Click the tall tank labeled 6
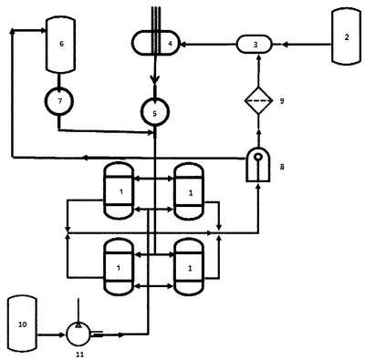(60, 45)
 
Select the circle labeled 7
(59, 101)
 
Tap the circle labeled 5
(155, 112)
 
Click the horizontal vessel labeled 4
(155, 43)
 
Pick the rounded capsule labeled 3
(254, 45)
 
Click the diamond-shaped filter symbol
(258, 100)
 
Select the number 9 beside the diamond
(282, 101)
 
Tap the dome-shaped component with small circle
(258, 165)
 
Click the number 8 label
(282, 167)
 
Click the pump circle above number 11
(78, 334)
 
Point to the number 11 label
(80, 355)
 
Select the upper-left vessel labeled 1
(119, 190)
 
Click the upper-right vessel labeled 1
(189, 191)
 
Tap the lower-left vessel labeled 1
(119, 267)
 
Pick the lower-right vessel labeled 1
(189, 267)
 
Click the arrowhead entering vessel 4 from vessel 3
(182, 45)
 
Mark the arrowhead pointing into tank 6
(43, 30)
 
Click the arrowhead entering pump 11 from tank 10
(64, 335)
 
